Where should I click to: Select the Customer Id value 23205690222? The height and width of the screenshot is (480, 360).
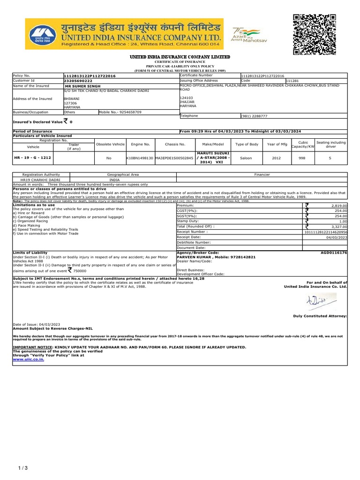[x=78, y=80]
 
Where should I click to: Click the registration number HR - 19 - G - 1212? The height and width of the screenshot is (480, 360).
[x=32, y=158]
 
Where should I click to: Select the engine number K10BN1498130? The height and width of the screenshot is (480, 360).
[x=140, y=158]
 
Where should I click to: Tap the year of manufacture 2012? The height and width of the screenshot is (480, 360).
[x=276, y=158]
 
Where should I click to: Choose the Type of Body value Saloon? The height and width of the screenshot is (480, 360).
[x=246, y=158]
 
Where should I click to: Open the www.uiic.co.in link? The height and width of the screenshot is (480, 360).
[x=29, y=360]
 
